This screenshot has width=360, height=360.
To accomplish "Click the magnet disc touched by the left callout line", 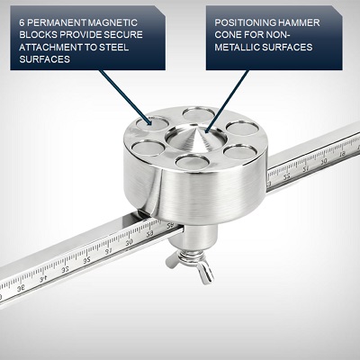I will point(147,123).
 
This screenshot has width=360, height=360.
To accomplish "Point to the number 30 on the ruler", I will point(131,241).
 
